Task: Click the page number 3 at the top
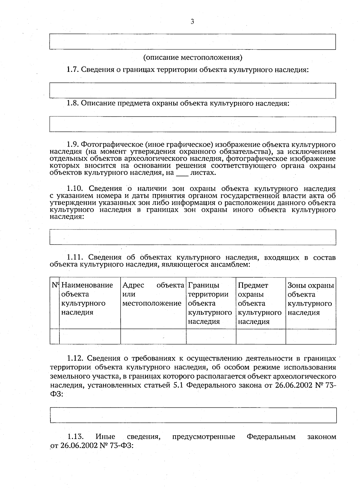pos(192,21)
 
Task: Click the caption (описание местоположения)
pos(193,57)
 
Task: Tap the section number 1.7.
pos(73,70)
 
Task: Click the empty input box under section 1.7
pos(193,91)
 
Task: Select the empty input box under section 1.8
pos(193,124)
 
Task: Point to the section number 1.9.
pos(73,145)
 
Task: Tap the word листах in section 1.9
pos(203,173)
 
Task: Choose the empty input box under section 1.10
pos(193,237)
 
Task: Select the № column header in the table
pos(55,285)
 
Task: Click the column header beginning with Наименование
pos(87,298)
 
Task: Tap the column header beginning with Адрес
pos(153,294)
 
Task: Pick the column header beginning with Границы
pos(210,303)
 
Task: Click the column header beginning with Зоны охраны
pos(310,298)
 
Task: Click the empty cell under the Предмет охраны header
pos(261,336)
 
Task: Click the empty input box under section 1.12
pos(193,415)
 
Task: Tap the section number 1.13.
pos(75,437)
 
